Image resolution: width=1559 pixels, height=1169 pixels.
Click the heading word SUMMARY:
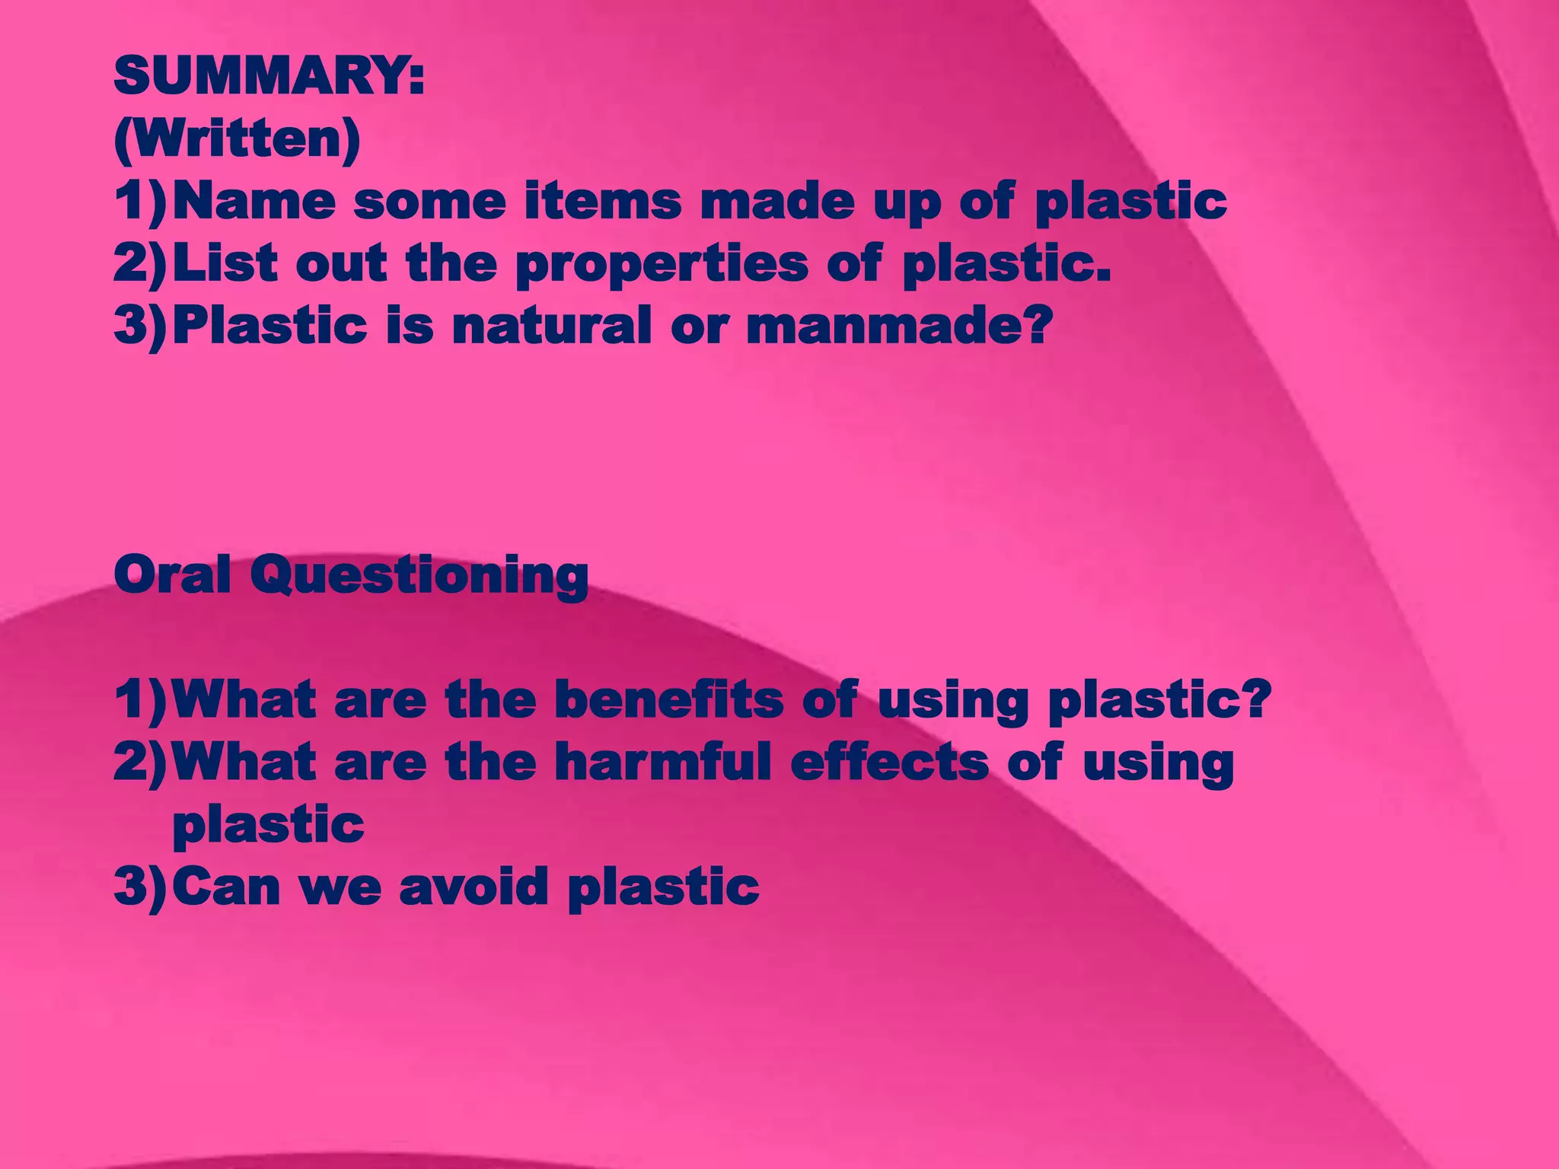(269, 76)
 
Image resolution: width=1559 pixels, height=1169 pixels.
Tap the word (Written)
(237, 139)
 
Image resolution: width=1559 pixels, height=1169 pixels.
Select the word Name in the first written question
(254, 202)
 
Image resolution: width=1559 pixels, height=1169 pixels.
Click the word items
(602, 202)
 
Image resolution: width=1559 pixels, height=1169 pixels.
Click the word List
(225, 263)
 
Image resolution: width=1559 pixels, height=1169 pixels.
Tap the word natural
(552, 325)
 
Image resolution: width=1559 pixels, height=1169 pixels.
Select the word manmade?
(900, 325)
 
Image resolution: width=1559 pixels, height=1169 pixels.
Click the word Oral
(172, 575)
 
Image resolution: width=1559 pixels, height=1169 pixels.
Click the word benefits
(669, 699)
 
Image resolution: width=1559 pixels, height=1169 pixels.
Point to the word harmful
(662, 761)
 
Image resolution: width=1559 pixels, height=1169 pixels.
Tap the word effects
(889, 761)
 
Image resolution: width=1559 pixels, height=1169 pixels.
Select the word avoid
(473, 887)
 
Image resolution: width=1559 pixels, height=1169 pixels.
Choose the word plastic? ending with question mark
(1159, 700)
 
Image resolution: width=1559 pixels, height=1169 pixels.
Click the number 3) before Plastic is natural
(140, 326)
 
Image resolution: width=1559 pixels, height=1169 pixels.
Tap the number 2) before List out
(140, 264)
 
